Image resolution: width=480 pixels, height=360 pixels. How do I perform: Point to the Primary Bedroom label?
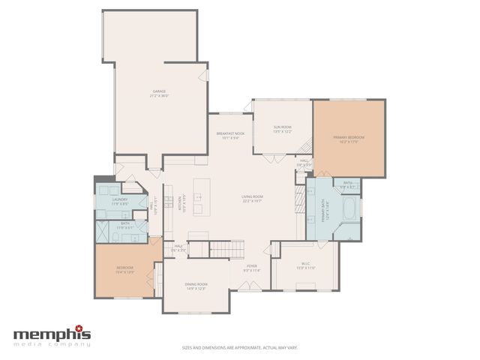[x=349, y=139]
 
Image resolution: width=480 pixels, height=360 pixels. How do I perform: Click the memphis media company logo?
[x=52, y=335]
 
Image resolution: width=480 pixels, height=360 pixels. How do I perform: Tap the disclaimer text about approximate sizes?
[x=240, y=347]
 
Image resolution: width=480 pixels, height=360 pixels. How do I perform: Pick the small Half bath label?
[x=178, y=247]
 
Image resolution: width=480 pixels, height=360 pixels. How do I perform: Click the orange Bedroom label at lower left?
[x=124, y=269]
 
